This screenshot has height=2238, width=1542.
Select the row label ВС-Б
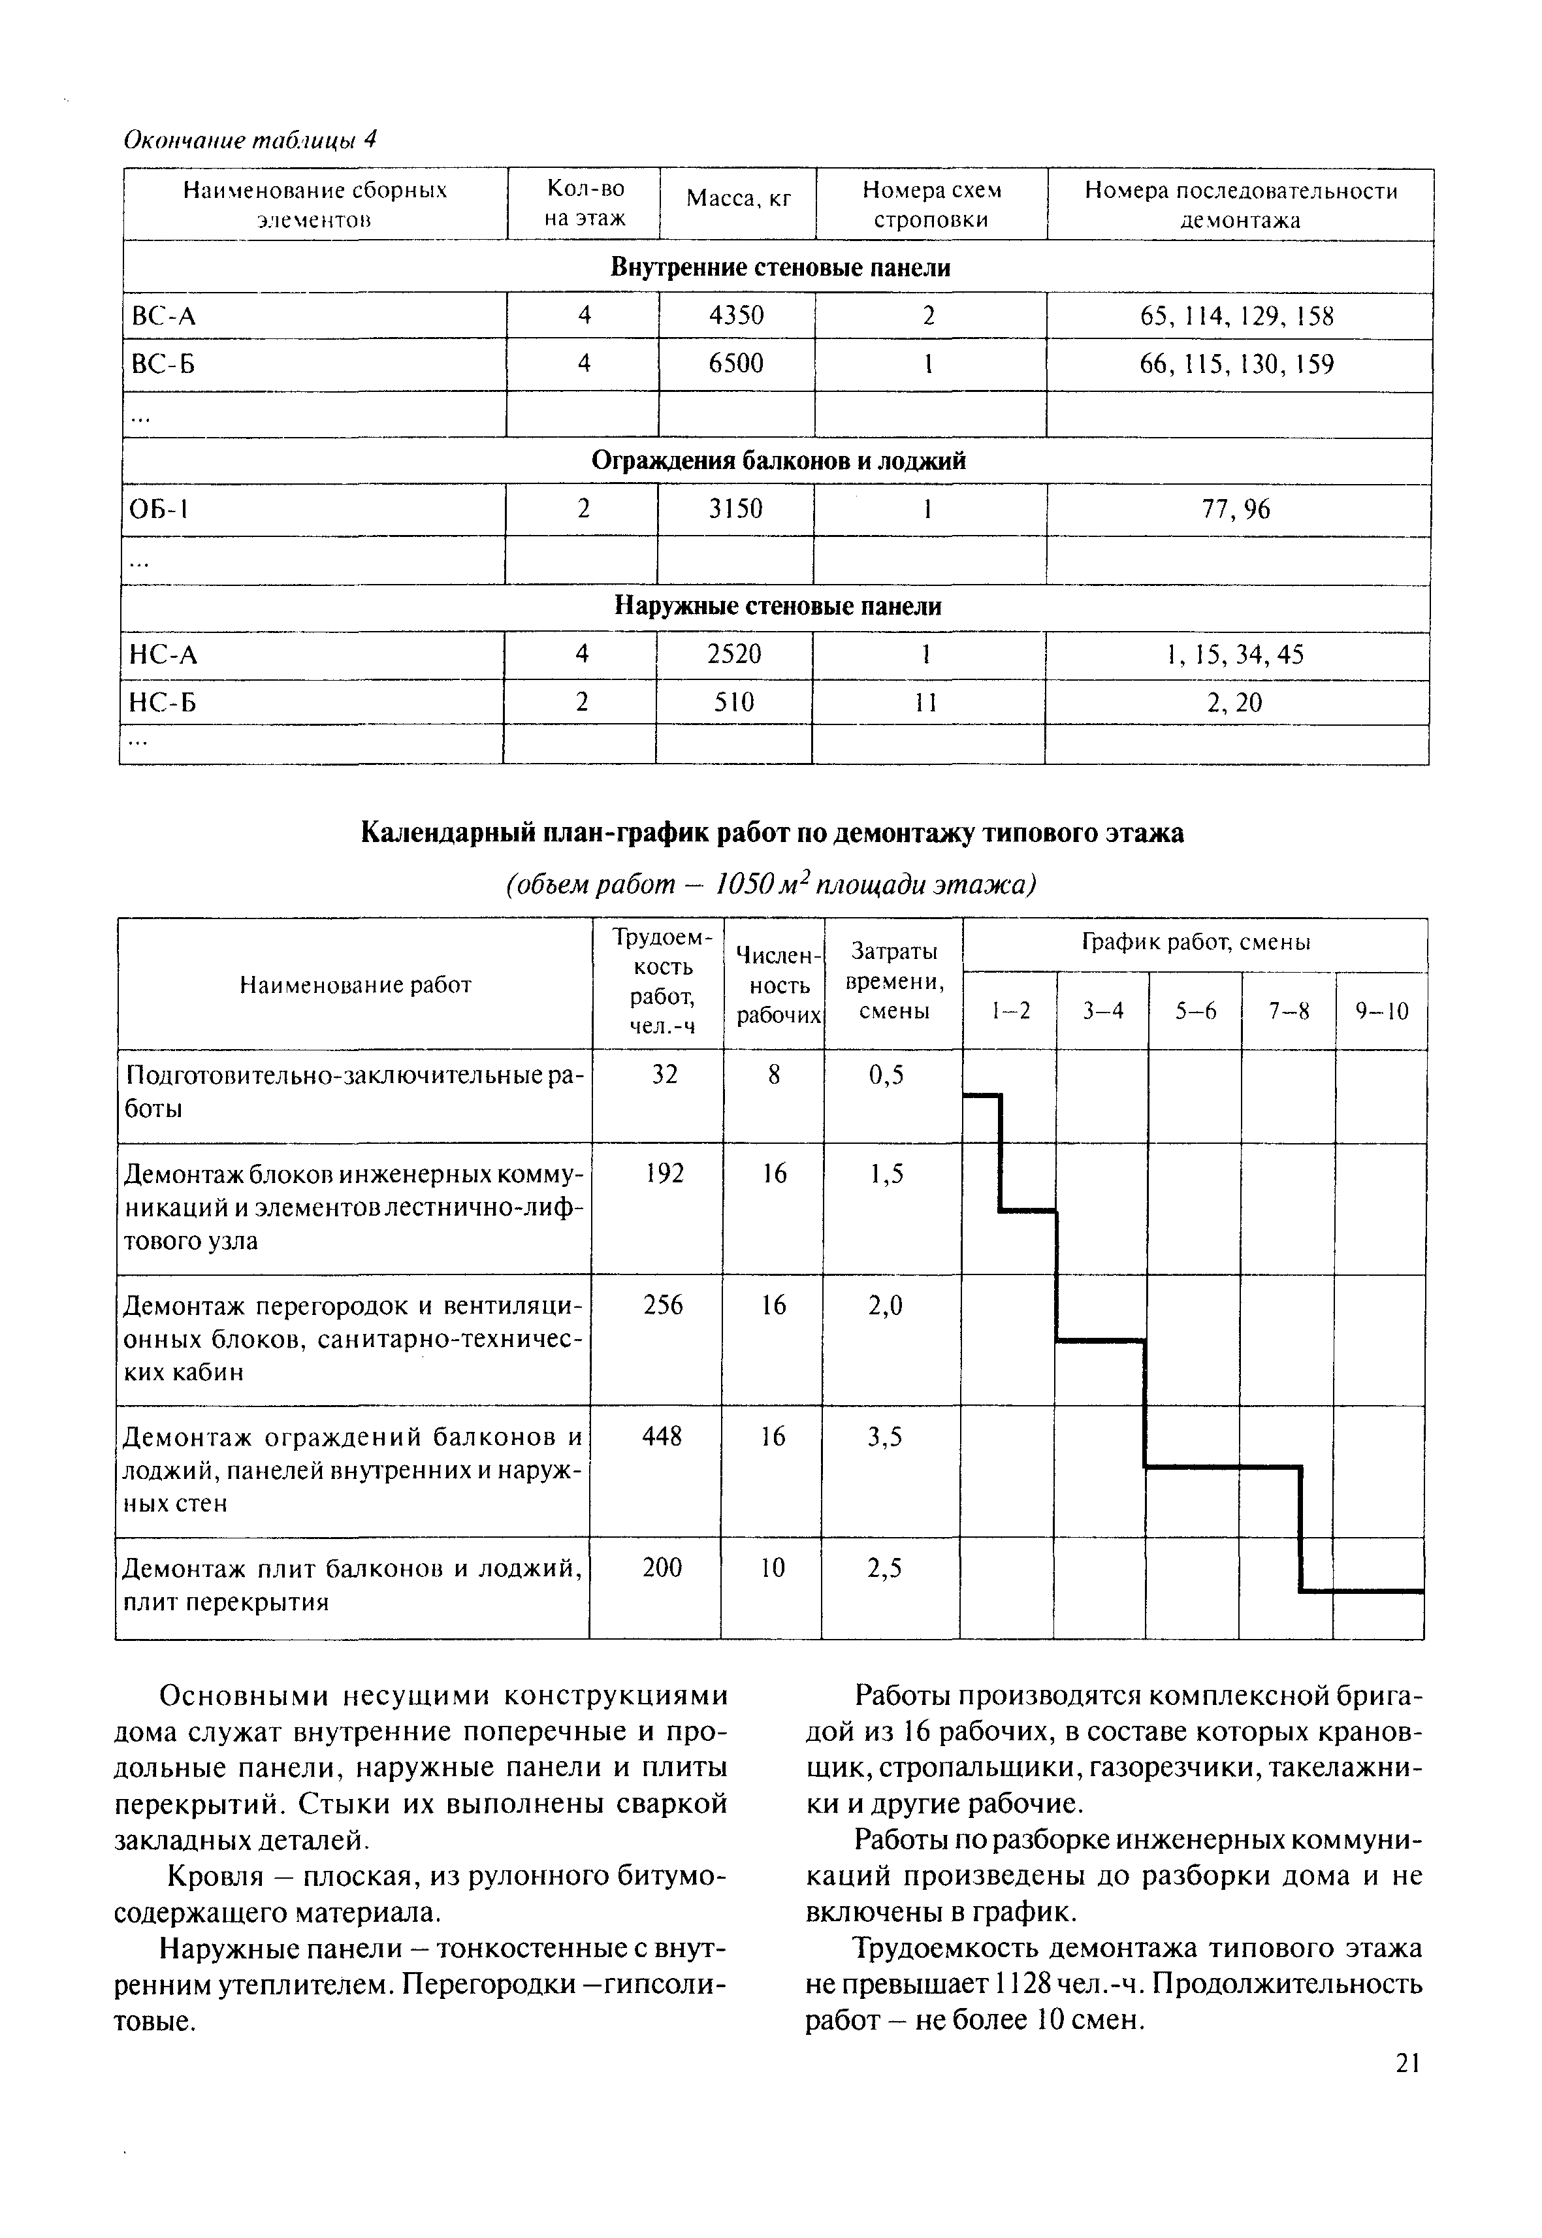pyautogui.click(x=163, y=365)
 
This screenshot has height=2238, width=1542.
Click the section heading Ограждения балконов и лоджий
pyautogui.click(x=778, y=461)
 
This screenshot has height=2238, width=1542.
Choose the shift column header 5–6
pyautogui.click(x=1195, y=1011)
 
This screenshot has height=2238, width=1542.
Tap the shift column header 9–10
pyautogui.click(x=1381, y=1011)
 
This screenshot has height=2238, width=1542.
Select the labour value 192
pyautogui.click(x=665, y=1173)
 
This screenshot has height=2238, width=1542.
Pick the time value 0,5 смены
pyautogui.click(x=886, y=1075)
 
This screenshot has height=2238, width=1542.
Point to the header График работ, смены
pyautogui.click(x=1195, y=942)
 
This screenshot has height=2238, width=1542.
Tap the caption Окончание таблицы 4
pyautogui.click(x=249, y=140)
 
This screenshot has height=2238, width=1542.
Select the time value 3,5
pyautogui.click(x=885, y=1437)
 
